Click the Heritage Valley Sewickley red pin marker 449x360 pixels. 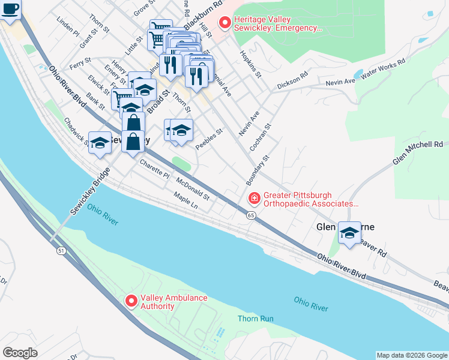pyautogui.click(x=225, y=23)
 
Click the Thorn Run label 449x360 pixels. pyautogui.click(x=255, y=319)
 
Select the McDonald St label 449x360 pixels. pyautogui.click(x=193, y=188)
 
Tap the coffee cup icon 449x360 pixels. pyautogui.click(x=10, y=10)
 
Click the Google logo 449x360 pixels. pyautogui.click(x=20, y=352)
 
